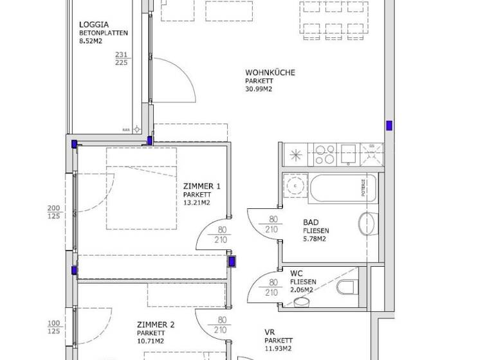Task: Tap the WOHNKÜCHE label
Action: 270,73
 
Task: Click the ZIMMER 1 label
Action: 202,186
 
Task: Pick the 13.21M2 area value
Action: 197,203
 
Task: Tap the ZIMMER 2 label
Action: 156,325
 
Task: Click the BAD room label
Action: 311,223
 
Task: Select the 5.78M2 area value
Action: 315,240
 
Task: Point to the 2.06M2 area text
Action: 302,290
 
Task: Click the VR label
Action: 270,332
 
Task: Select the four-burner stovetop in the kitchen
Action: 324,155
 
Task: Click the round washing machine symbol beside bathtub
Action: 295,186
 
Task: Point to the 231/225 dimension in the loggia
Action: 121,59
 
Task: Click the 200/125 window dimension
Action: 54,212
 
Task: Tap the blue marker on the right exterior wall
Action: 389,126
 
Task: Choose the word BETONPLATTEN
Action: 104,32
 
